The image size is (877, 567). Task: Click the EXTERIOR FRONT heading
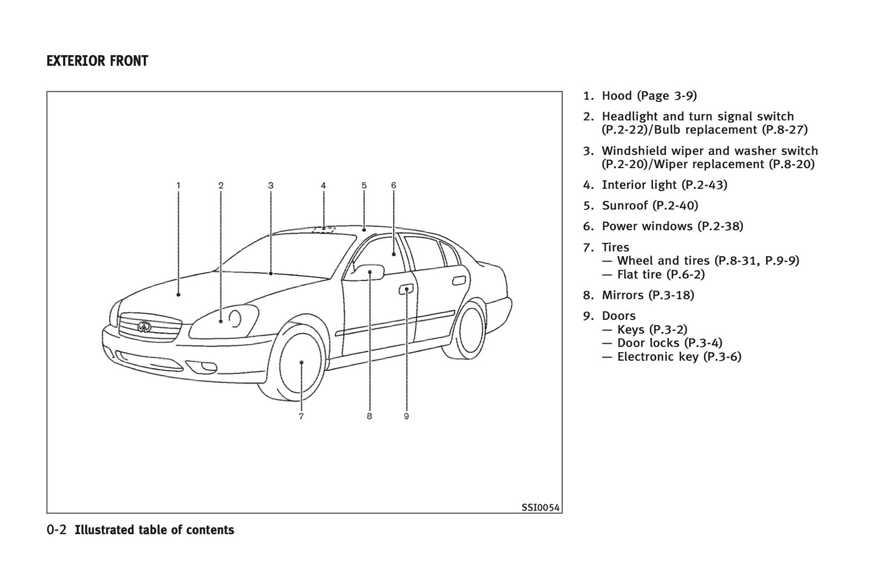coord(97,61)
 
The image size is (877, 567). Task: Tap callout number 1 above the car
coord(178,185)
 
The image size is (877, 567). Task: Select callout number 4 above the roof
coord(323,185)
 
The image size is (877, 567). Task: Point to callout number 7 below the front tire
coord(301,416)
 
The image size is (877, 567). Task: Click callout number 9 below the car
coord(406,416)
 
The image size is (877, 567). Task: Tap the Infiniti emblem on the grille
coord(144,327)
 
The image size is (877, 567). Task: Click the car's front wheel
coord(301,363)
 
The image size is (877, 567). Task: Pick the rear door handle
coord(460,280)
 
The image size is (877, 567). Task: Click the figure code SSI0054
coord(540,508)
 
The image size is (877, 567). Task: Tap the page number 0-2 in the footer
coord(56,530)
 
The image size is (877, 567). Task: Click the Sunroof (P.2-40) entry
coord(649,206)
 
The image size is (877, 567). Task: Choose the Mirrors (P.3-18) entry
coord(648,296)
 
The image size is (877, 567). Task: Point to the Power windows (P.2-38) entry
coord(672,226)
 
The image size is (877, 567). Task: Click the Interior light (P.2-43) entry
coord(664,185)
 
